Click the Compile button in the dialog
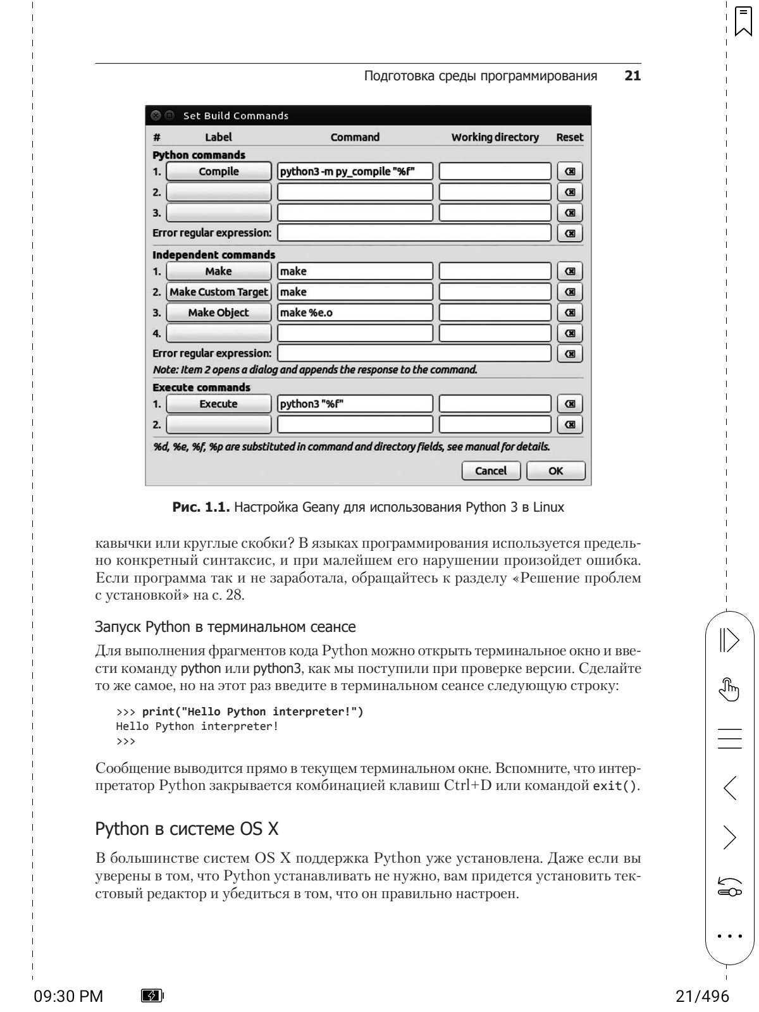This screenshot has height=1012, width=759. [218, 171]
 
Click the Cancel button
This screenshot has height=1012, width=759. [491, 471]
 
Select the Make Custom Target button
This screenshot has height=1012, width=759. [218, 292]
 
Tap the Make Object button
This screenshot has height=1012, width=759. [218, 312]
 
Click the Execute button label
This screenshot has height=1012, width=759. [218, 404]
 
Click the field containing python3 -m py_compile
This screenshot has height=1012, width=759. [355, 171]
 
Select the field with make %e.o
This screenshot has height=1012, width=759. [355, 312]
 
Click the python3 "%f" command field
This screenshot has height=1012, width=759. [355, 404]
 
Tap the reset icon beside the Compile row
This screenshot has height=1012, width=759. [569, 171]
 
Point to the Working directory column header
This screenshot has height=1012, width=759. [495, 137]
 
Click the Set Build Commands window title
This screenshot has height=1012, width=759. [235, 116]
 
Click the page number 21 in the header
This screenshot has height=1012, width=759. [632, 76]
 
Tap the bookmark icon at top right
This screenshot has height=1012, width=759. [743, 22]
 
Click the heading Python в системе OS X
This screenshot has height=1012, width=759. [187, 829]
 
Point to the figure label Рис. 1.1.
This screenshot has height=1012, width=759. [201, 507]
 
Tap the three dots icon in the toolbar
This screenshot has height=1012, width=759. [730, 935]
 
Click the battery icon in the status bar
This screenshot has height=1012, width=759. [152, 996]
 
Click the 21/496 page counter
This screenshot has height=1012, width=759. [702, 996]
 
